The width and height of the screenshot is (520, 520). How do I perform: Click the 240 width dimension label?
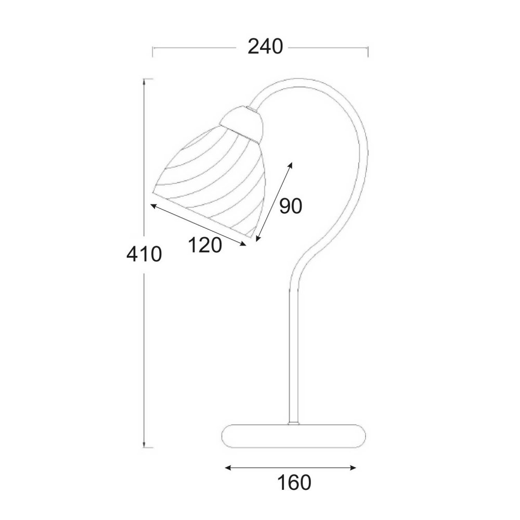coord(265,47)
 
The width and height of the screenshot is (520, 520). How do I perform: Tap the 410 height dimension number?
coord(144,254)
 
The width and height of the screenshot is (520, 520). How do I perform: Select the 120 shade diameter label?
coord(205,245)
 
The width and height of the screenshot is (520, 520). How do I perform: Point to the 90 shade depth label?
coord(291,206)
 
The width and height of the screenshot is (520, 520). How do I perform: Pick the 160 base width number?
coord(294,483)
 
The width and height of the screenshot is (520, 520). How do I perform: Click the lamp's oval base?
coord(293,436)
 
